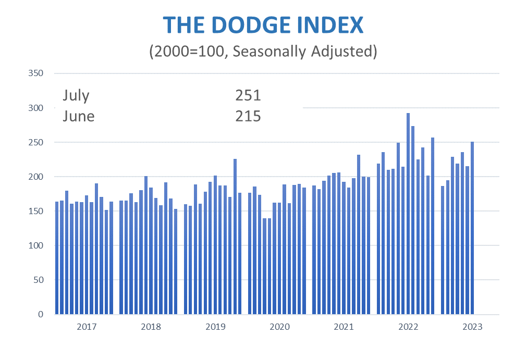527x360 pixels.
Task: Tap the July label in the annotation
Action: click(76, 96)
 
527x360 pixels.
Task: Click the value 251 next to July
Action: click(248, 96)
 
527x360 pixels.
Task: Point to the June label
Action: click(79, 116)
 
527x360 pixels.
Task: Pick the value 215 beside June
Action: click(248, 116)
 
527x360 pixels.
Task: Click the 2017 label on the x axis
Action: click(87, 327)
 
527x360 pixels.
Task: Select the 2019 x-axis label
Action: click(215, 327)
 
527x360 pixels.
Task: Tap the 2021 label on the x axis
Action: click(344, 327)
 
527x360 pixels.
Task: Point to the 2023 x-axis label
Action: click(472, 327)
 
